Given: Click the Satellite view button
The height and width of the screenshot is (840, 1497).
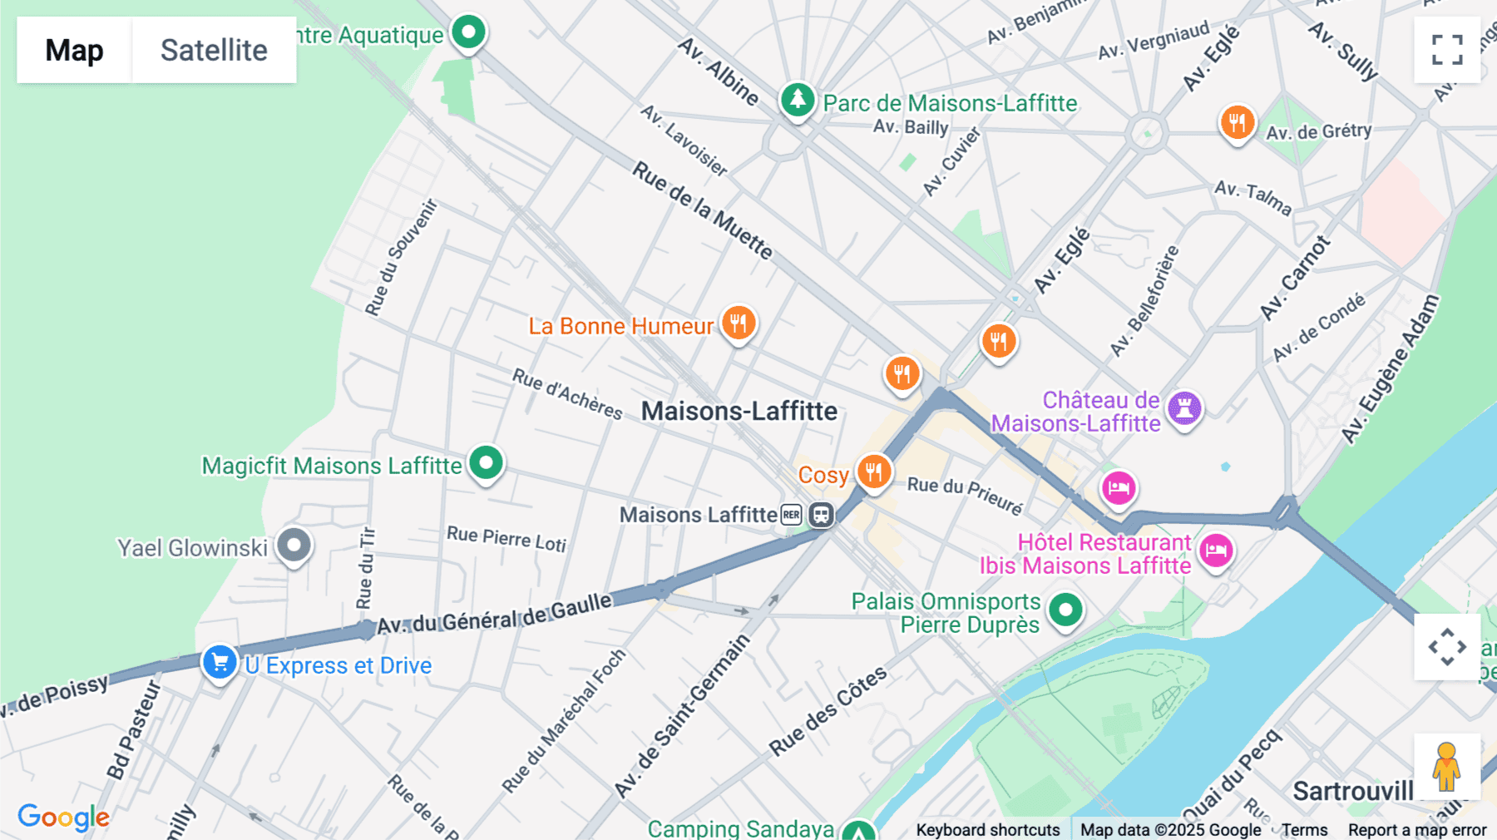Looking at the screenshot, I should pyautogui.click(x=214, y=50).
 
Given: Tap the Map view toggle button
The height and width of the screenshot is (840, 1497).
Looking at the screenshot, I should pyautogui.click(x=74, y=50).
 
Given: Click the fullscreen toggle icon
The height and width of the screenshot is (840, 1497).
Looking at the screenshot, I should pyautogui.click(x=1447, y=50).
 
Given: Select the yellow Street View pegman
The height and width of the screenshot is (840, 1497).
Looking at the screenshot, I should pyautogui.click(x=1446, y=766).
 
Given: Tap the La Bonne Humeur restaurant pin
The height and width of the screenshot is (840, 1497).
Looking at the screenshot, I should pyautogui.click(x=738, y=322).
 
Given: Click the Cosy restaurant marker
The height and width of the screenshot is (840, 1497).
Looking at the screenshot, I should pyautogui.click(x=873, y=472).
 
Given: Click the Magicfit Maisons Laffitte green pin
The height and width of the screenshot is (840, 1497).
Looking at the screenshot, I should pyautogui.click(x=486, y=462).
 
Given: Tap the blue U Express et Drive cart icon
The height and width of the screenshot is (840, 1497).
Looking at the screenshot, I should pyautogui.click(x=220, y=663).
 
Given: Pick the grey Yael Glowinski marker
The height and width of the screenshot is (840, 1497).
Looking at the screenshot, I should pyautogui.click(x=294, y=546).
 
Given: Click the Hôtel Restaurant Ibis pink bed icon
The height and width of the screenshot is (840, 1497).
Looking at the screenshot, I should pyautogui.click(x=1216, y=550).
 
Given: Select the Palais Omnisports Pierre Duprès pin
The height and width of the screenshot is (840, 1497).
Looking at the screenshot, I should pyautogui.click(x=1065, y=610).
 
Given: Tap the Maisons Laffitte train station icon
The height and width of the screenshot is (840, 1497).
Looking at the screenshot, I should pyautogui.click(x=821, y=515).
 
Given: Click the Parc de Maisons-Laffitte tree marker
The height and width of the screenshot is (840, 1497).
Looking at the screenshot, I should pyautogui.click(x=797, y=100).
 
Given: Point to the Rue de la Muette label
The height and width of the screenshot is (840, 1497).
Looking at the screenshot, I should pyautogui.click(x=703, y=210).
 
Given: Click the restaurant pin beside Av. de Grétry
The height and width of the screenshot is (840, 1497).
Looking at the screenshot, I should pyautogui.click(x=1237, y=122).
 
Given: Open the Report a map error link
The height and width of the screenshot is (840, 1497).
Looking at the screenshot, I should pyautogui.click(x=1416, y=829).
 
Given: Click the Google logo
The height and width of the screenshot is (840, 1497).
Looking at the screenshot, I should pyautogui.click(x=63, y=817).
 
